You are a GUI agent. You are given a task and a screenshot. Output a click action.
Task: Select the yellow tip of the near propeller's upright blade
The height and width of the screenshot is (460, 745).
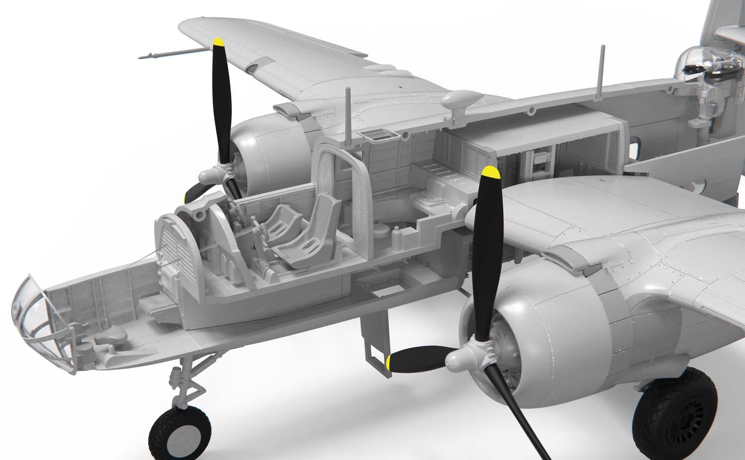click(491, 173)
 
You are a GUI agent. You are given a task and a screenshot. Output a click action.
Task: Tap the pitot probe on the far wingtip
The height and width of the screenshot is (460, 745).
click(149, 56)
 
